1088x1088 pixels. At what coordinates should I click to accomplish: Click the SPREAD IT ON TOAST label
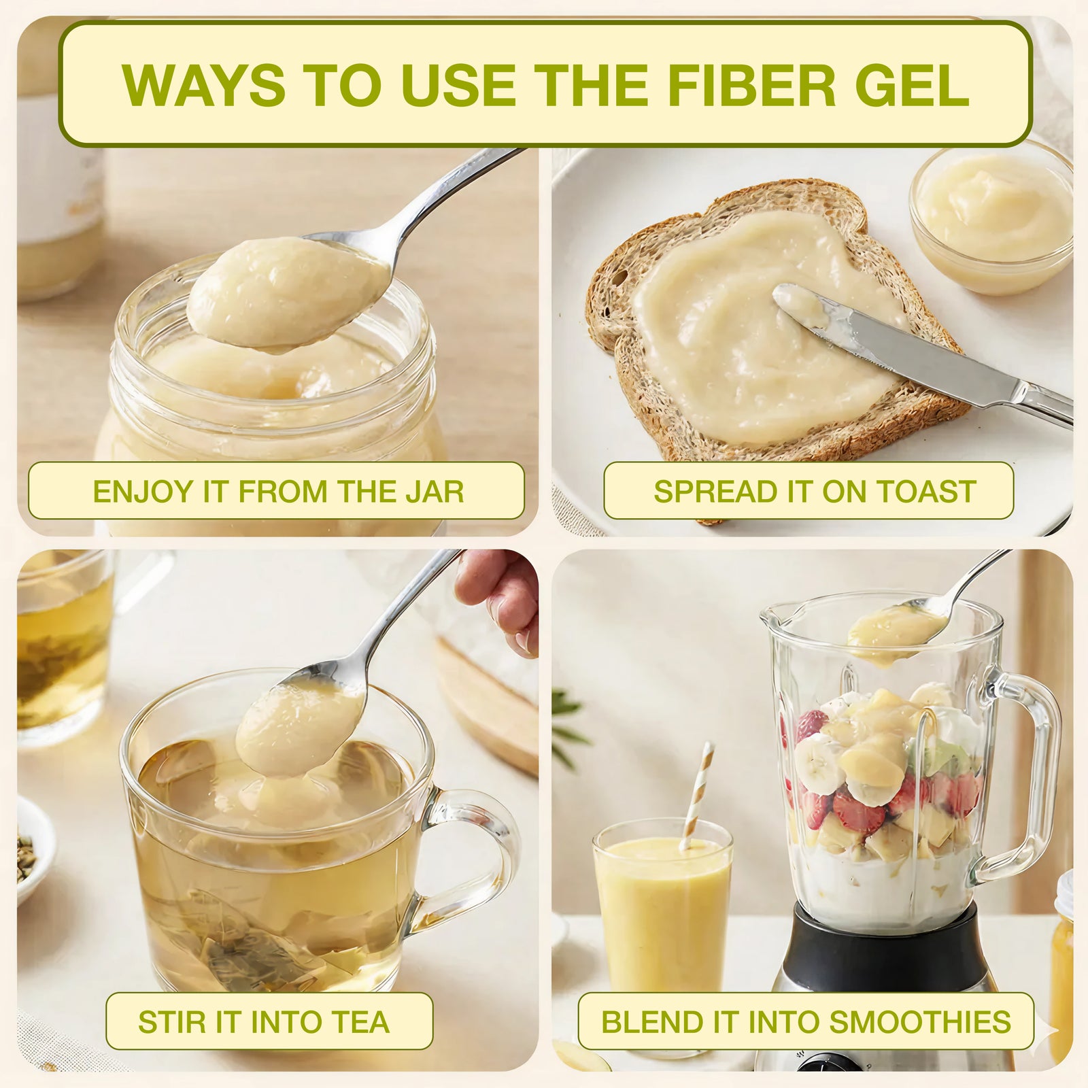tap(809, 491)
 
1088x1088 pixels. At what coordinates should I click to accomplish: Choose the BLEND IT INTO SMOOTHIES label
tap(806, 1021)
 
